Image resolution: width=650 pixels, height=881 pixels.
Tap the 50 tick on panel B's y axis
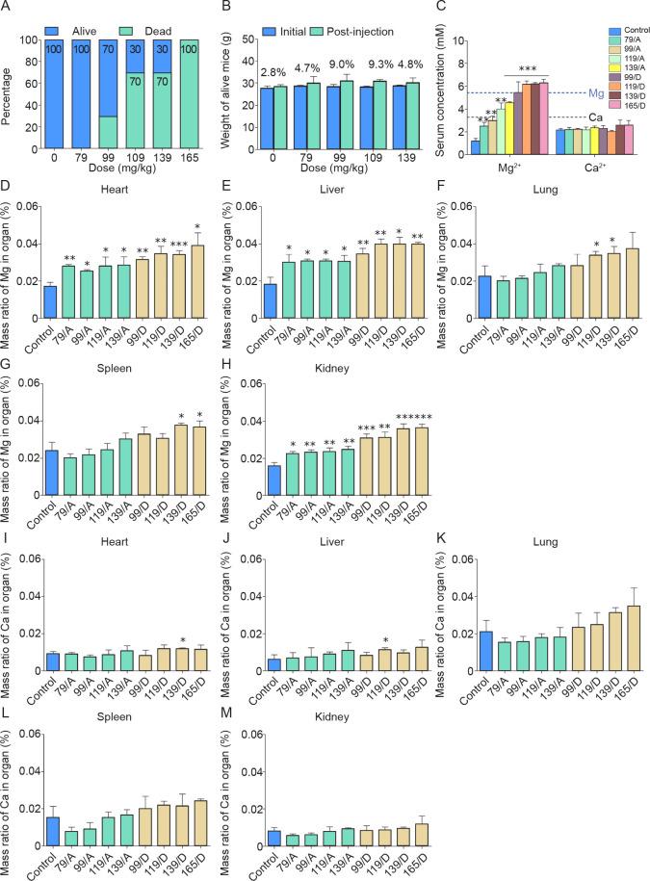[251, 41]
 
